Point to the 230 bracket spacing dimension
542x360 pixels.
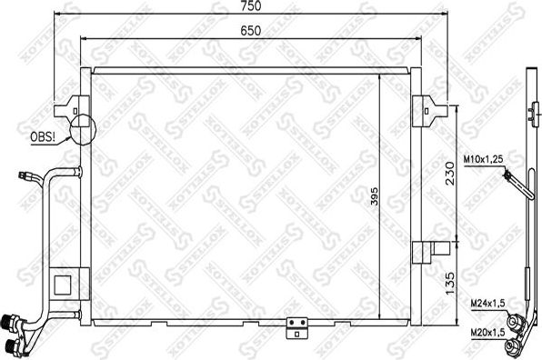(447, 173)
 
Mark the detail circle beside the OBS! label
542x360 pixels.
(80, 129)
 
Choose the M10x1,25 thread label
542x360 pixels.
(485, 158)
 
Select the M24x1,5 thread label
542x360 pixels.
(488, 305)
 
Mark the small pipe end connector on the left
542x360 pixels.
(26, 176)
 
